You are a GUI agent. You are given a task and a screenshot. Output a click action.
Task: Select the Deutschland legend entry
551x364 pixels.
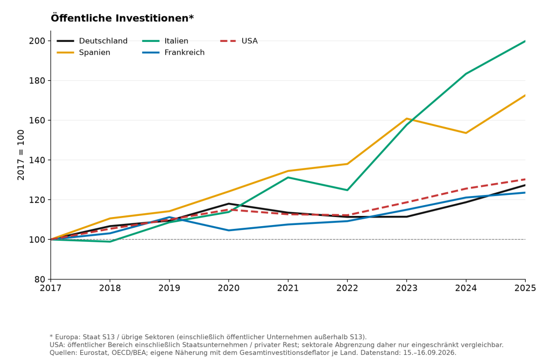92,41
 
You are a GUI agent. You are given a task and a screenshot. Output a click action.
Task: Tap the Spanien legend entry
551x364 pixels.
83,52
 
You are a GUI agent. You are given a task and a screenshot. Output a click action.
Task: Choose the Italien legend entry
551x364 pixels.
165,41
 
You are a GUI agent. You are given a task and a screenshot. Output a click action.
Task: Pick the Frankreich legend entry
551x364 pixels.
173,52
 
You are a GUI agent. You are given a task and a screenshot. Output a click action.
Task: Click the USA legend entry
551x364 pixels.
239,41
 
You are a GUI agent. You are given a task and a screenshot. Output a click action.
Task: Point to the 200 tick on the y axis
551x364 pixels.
37,41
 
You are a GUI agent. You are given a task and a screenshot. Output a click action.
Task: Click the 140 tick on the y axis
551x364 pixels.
37,160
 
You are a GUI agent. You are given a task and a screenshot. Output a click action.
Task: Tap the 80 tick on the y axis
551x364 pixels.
40,279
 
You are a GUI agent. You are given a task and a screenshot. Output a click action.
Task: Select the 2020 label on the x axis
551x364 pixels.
229,288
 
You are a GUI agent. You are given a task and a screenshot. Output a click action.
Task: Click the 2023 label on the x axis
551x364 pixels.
407,288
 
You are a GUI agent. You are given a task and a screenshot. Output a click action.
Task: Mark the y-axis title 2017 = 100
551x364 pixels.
21,155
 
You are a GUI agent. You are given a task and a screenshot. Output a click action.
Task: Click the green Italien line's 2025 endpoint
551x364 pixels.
525,41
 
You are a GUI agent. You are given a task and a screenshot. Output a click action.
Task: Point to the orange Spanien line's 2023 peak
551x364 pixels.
407,118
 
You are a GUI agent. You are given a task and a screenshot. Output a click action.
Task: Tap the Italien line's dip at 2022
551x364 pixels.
347,190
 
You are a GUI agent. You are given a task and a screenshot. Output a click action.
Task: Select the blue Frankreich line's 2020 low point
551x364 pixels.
229,230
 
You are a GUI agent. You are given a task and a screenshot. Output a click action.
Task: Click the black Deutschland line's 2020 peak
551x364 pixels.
229,204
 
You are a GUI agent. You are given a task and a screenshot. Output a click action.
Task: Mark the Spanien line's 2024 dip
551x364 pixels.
466,133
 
